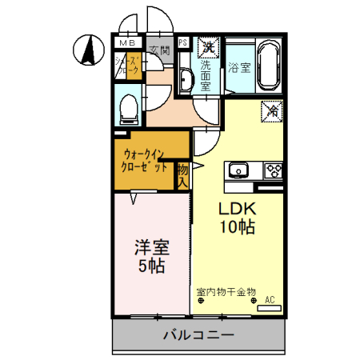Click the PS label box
coord(183,42)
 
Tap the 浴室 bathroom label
coord(238,65)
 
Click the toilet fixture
coord(129,110)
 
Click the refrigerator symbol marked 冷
coord(271,112)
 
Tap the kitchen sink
coord(239,170)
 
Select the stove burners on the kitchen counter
coord(273,170)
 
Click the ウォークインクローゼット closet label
coord(146,161)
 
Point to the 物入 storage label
coord(182,175)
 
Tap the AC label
coord(270,300)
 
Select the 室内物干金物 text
coord(226,292)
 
